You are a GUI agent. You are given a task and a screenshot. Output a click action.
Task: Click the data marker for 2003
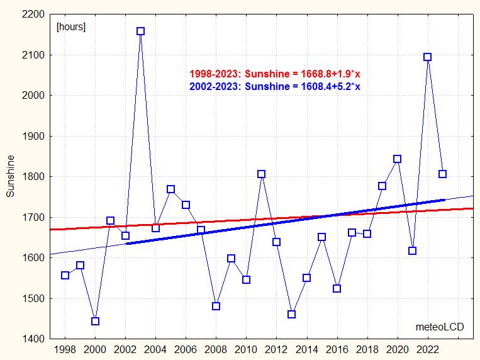[x=140, y=31]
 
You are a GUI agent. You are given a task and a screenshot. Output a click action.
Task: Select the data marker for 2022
[x=428, y=57]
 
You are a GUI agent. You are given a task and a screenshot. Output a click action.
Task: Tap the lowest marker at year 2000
[x=95, y=321]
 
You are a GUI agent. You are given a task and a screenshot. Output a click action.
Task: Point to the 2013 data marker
[x=291, y=314]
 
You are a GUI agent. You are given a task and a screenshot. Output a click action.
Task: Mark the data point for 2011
[x=262, y=174]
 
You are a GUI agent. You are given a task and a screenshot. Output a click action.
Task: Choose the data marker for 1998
[x=65, y=275]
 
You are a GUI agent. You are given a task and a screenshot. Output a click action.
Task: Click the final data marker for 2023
[x=443, y=174]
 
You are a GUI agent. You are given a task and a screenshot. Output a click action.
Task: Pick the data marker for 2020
[x=397, y=159]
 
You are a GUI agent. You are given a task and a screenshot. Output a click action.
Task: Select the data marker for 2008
[x=216, y=306]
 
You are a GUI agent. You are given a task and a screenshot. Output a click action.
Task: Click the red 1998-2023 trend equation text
[x=274, y=74]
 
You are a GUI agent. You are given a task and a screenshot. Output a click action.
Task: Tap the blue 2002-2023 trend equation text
[x=274, y=86]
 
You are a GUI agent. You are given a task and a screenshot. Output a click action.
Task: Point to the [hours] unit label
[x=71, y=27]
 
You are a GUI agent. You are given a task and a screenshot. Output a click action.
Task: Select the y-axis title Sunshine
[x=10, y=176]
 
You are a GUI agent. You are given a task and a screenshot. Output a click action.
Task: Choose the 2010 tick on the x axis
[x=246, y=350]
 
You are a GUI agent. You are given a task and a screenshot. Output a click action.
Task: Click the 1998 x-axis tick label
[x=65, y=350]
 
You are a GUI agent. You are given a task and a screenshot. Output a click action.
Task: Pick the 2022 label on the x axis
[x=428, y=350]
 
